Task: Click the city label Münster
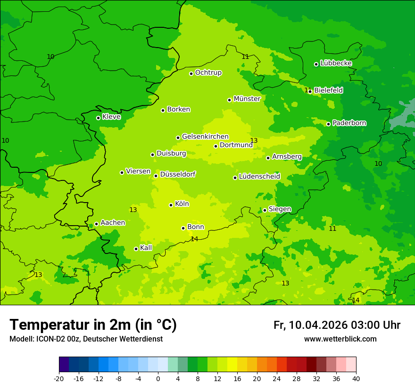click(247, 99)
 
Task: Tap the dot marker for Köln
click(171, 205)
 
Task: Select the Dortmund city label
click(236, 145)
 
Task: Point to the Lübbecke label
click(336, 63)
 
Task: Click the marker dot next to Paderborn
click(329, 124)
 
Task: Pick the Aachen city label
click(113, 223)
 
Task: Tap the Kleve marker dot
click(98, 118)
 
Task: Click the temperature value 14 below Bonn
click(194, 239)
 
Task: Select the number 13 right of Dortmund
click(254, 140)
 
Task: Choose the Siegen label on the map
click(280, 209)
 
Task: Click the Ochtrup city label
click(208, 73)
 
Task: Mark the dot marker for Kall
click(136, 249)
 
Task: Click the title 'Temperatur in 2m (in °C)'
click(93, 325)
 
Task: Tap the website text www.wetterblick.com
click(340, 339)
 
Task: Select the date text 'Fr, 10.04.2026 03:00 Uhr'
click(337, 326)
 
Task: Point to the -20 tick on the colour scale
click(59, 379)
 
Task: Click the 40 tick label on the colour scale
click(356, 379)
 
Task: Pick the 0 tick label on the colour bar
click(158, 379)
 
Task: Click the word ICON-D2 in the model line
click(47, 339)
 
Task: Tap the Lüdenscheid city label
click(259, 177)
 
